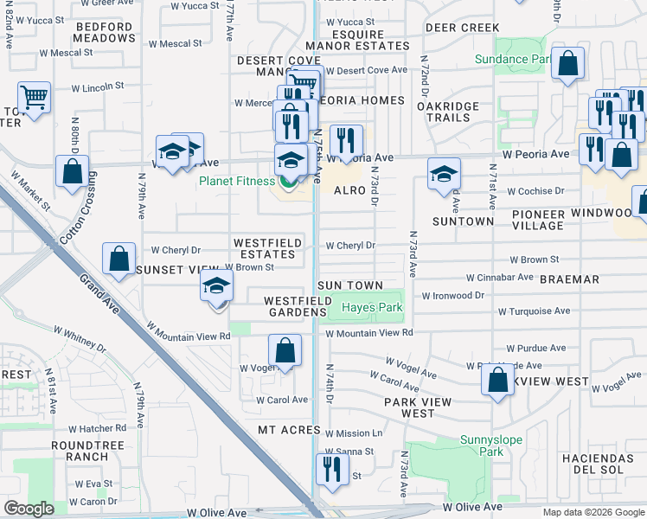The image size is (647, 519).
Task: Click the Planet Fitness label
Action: pos(237,181)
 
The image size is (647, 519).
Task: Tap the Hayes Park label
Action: pos(372,308)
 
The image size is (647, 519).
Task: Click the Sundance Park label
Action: pos(513,60)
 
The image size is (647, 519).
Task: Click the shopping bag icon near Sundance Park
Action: pos(567,64)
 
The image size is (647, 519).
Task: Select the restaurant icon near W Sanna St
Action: pos(331,468)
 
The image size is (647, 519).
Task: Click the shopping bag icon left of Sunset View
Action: pos(119,258)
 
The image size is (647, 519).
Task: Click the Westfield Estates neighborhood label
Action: pos(266,248)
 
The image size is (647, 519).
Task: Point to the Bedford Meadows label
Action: pos(105,33)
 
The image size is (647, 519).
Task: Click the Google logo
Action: pos(29,509)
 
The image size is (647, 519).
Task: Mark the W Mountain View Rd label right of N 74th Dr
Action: pos(369,333)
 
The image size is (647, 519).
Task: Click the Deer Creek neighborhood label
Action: pos(462,28)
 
